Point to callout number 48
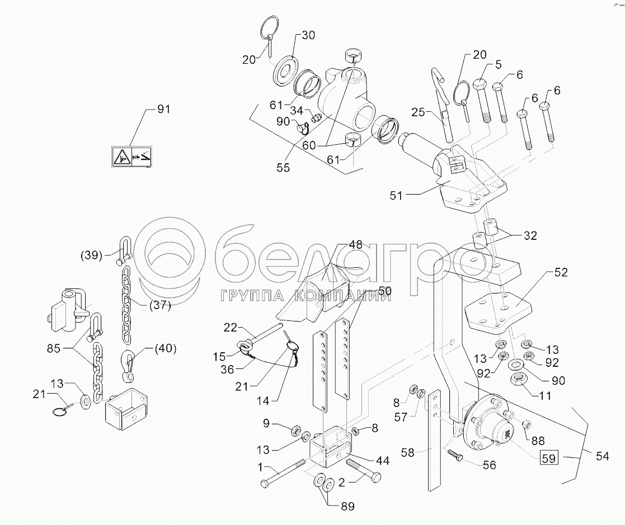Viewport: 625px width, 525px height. (x=355, y=244)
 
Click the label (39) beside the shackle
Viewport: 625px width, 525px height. (x=91, y=256)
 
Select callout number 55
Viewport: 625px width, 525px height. (x=283, y=168)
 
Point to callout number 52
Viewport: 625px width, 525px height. (x=561, y=273)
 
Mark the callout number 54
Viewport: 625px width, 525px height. (x=602, y=456)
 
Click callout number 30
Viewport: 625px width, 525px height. (x=309, y=35)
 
